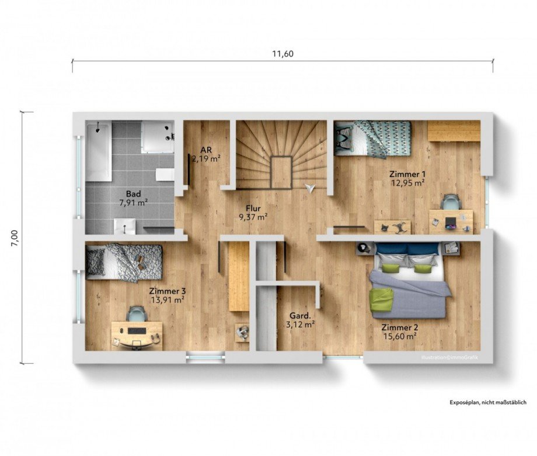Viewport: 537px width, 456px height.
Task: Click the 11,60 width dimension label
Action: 283,54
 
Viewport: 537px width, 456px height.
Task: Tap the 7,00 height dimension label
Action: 15,238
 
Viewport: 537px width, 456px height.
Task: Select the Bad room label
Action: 133,194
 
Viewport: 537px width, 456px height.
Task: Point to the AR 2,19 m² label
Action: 206,154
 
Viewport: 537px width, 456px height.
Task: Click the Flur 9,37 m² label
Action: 253,212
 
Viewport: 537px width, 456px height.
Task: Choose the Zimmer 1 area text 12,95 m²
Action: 407,183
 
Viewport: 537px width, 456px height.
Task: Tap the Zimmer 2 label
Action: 400,327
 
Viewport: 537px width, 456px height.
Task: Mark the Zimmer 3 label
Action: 168,291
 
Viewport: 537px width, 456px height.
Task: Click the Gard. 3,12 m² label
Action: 300,320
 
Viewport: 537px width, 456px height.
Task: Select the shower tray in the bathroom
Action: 158,137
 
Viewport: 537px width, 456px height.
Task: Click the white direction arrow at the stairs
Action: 310,188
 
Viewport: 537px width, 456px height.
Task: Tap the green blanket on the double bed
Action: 380,299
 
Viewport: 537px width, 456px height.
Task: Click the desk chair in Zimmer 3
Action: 137,313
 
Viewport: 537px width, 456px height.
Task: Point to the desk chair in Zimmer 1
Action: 451,202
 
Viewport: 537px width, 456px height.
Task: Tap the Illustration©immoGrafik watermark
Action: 449,357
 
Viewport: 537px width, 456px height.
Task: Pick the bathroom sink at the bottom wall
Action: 125,226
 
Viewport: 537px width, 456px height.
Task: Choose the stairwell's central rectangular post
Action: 281,172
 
